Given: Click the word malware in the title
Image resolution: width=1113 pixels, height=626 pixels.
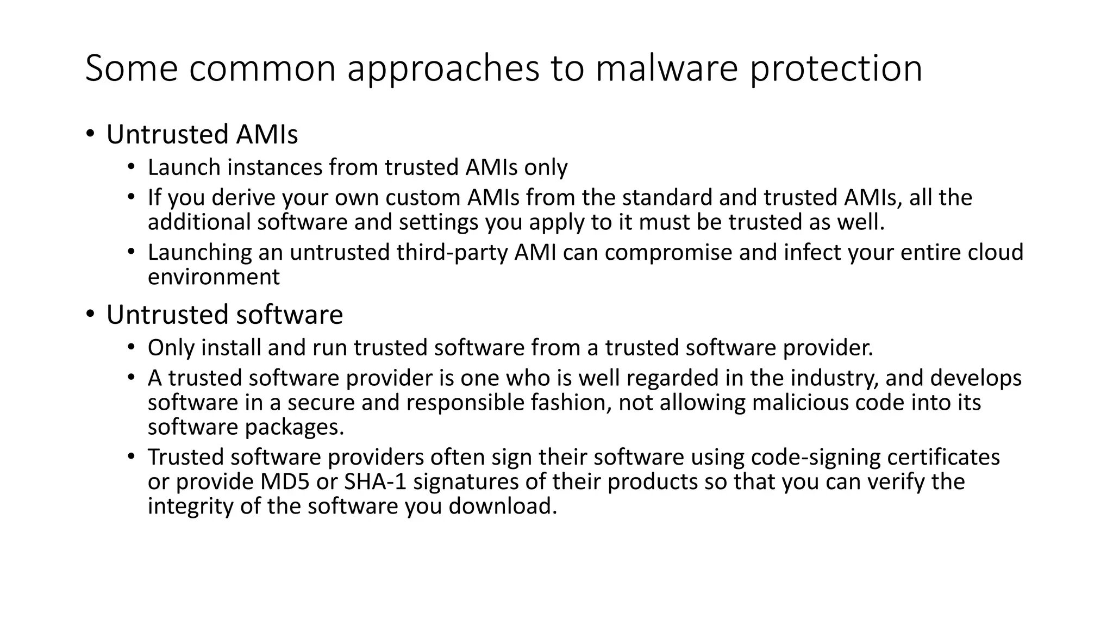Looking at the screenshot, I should coord(666,68).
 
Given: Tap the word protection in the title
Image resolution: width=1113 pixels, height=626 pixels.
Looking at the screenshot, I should coord(835,68).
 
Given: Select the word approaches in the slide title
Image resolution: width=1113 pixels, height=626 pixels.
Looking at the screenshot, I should coord(443,68).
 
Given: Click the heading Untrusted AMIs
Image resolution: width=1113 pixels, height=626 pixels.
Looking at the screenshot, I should coord(202,134).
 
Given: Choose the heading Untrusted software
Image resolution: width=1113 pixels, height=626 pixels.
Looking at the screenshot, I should coord(224,315).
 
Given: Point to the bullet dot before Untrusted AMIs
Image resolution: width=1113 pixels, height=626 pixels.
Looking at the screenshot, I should coord(90,134).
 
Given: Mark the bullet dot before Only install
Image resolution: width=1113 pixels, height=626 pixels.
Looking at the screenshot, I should coord(131,347).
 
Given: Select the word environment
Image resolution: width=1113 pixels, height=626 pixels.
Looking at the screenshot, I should coord(214,277).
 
